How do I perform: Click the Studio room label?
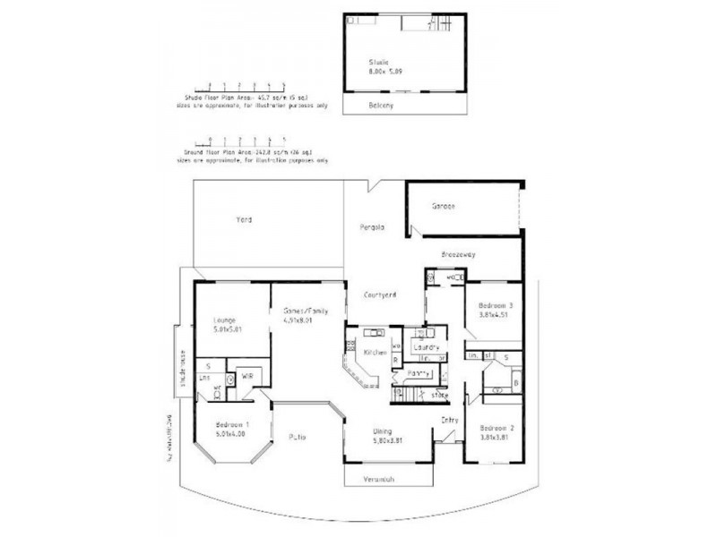(380, 62)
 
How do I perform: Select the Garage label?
(444, 206)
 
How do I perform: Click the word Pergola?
(373, 226)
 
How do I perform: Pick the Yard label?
(243, 219)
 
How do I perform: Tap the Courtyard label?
(381, 294)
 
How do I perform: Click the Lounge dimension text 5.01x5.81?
(227, 328)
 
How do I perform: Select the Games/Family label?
(300, 311)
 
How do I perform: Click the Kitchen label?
(376, 354)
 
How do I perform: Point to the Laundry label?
(425, 346)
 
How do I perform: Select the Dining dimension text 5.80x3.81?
(392, 439)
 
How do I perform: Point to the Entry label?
(449, 420)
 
